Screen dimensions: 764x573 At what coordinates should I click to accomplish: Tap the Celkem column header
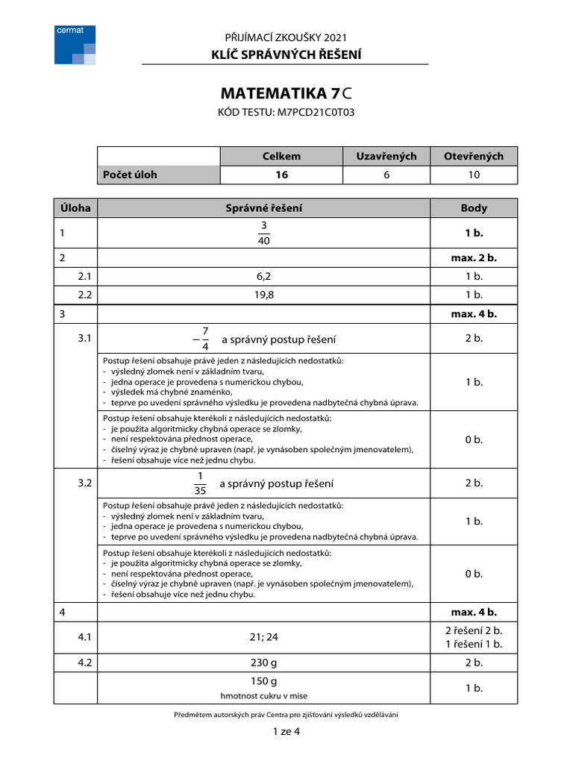point(281,156)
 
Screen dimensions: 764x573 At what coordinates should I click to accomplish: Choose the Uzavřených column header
point(386,156)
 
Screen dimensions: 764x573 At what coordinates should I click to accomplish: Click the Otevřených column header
point(474,156)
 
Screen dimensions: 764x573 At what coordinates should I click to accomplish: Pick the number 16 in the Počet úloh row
point(281,175)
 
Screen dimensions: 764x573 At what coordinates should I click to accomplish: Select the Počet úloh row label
point(131,175)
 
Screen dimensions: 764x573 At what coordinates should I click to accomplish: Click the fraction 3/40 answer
point(263,233)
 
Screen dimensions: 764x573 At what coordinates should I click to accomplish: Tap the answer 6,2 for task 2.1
point(264,276)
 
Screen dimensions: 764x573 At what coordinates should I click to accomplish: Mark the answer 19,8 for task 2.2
point(264,295)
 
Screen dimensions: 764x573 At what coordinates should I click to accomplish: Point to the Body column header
point(474,207)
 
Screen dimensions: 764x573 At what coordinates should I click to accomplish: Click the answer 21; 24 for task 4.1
point(264,637)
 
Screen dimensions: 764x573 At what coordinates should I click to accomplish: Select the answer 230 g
point(264,663)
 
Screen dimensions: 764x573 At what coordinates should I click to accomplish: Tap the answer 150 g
point(264,681)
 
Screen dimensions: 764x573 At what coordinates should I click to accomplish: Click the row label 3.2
point(84,483)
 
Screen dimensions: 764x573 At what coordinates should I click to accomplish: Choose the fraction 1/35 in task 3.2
point(200,483)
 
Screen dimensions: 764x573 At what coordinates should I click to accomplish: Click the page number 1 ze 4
point(286,731)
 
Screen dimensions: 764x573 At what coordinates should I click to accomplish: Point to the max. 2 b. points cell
point(474,258)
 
